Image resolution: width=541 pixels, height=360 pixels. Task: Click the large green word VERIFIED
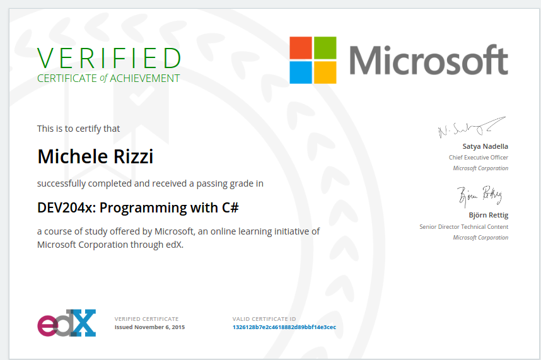[x=109, y=58]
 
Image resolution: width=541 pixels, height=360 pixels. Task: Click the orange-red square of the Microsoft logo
[x=301, y=48]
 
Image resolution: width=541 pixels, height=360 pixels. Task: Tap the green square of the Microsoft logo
[x=325, y=48]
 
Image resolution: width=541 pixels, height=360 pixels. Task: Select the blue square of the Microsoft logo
[x=301, y=73]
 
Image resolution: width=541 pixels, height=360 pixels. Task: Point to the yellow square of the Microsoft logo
[x=325, y=73]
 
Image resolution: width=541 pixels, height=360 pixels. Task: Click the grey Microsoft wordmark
[x=429, y=60]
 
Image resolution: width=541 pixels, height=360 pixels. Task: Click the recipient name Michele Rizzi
[x=95, y=156]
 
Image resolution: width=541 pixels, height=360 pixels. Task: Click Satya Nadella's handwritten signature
[x=472, y=127]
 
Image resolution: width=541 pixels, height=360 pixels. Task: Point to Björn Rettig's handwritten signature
[x=480, y=196]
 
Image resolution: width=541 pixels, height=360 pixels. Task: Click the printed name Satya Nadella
[x=485, y=146]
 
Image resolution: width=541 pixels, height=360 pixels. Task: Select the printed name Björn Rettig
[x=488, y=215]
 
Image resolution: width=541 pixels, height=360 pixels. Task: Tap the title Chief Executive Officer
[x=478, y=157]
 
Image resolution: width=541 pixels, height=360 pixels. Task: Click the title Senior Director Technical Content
[x=463, y=226]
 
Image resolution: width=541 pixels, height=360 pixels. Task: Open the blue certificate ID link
[x=284, y=327]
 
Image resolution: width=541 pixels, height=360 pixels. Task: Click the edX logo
[x=67, y=323]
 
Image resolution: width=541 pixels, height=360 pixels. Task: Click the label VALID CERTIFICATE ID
[x=264, y=319]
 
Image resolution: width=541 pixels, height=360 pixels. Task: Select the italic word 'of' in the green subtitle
[x=103, y=78]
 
